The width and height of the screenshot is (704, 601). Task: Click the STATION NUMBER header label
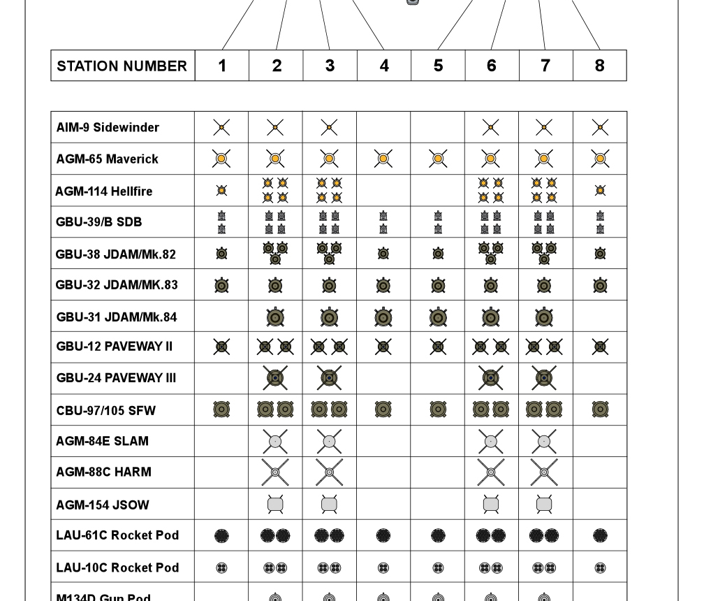click(x=122, y=66)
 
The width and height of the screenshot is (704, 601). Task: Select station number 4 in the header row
click(x=384, y=66)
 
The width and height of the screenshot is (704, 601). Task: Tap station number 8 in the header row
click(x=599, y=66)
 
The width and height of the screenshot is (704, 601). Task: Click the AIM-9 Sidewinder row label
click(x=108, y=127)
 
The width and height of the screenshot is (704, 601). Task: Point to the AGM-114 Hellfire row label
click(x=104, y=191)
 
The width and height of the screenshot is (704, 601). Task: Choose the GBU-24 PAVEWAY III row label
click(x=116, y=378)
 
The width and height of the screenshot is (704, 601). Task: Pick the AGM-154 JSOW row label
click(x=103, y=505)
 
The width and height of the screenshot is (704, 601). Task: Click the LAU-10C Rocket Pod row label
click(x=117, y=567)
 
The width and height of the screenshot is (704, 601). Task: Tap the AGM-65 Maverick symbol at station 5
click(x=438, y=159)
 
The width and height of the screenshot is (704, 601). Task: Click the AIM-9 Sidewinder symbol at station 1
click(x=221, y=127)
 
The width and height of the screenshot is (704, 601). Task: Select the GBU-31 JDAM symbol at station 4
click(x=383, y=317)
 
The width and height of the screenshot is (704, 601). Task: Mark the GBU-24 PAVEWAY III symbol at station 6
click(x=491, y=378)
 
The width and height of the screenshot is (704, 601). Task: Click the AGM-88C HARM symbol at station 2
click(x=275, y=472)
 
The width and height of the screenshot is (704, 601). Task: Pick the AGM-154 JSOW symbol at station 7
click(x=545, y=504)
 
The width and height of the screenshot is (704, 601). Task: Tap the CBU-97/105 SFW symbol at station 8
click(x=600, y=410)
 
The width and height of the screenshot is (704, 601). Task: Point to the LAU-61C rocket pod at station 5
click(x=438, y=536)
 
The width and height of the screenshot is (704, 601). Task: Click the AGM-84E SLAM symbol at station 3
click(x=329, y=441)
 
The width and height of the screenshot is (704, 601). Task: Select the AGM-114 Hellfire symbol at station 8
click(x=600, y=191)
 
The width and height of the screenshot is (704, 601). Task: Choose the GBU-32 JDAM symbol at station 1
click(x=221, y=285)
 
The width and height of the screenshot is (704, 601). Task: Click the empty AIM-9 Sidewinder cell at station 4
click(x=383, y=127)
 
